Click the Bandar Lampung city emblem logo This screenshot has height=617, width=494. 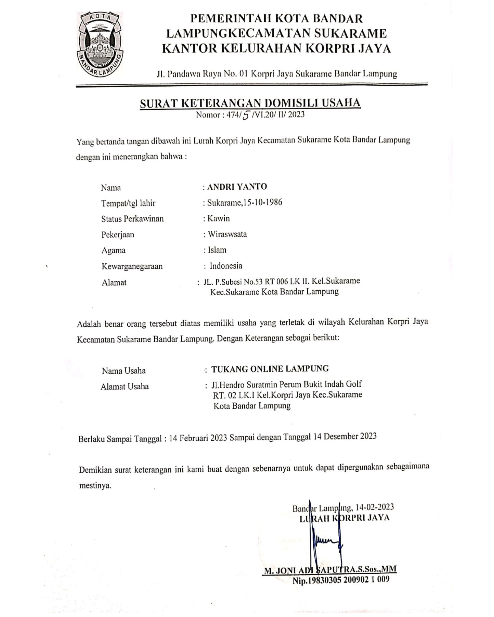(99, 44)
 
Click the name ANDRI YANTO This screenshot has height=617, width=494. (237, 187)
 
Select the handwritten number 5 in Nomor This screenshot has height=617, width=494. (245, 115)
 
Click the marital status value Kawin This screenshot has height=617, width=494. (219, 219)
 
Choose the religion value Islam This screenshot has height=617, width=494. (217, 250)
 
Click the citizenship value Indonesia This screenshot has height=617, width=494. (226, 266)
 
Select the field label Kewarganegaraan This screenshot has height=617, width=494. (132, 266)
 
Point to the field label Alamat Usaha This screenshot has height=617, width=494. (124, 387)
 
